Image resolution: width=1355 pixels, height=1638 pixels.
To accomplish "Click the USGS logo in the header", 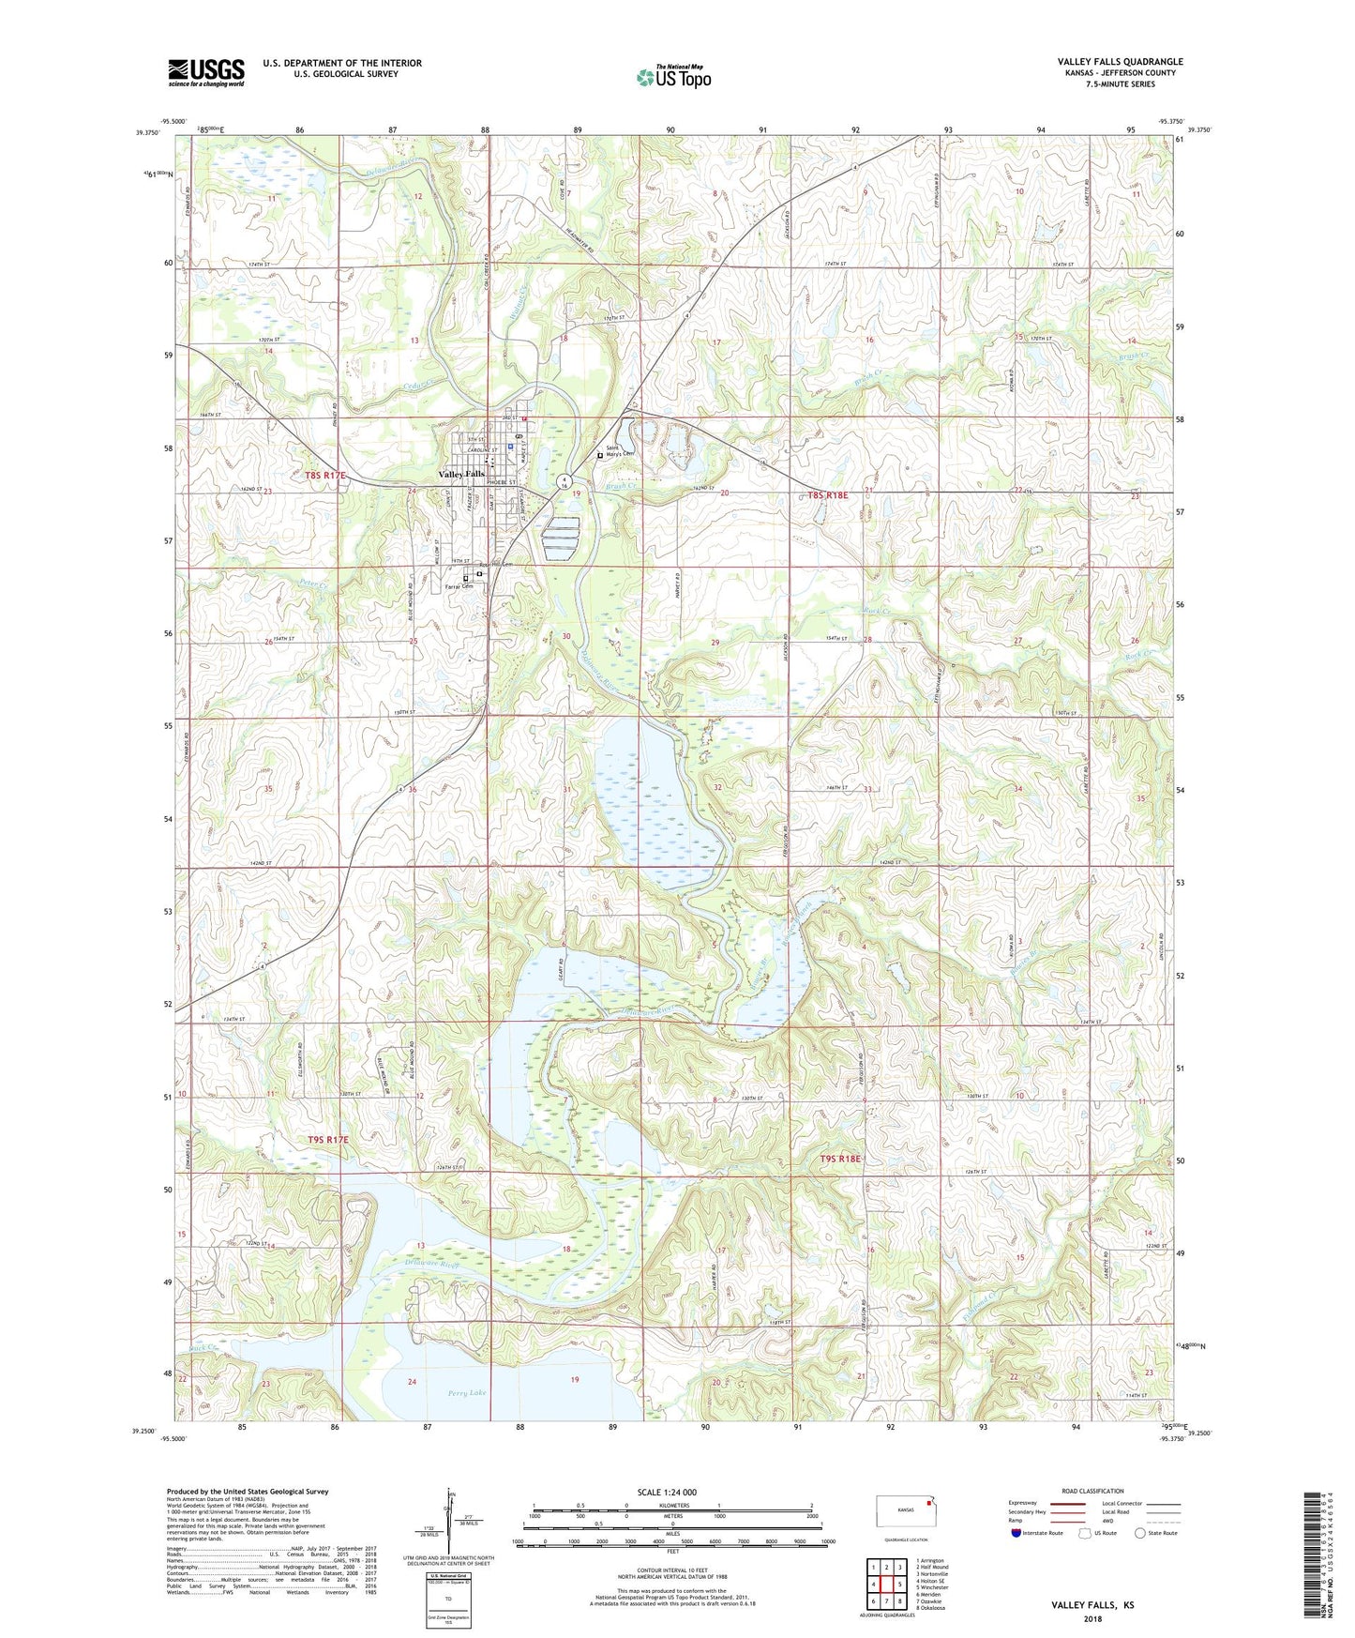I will click(x=206, y=72).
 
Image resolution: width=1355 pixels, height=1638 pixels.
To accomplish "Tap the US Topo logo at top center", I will click(x=673, y=77).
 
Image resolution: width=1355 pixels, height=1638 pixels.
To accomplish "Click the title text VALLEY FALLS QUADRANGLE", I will click(x=1120, y=62).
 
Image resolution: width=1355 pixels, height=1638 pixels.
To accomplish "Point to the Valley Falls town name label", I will click(x=462, y=475).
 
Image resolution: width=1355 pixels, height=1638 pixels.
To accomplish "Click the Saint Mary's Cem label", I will click(x=620, y=451).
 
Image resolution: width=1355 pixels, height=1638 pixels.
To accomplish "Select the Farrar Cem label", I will click(x=459, y=586).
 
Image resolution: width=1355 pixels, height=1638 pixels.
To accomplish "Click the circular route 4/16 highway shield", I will click(x=564, y=482).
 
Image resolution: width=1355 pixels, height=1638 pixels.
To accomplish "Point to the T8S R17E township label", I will click(x=326, y=477).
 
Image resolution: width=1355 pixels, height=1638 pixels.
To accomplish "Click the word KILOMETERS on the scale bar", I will click(x=672, y=1506).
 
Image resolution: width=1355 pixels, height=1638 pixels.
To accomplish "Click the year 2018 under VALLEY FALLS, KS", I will click(x=1092, y=1618).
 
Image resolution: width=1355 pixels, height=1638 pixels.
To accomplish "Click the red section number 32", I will click(x=718, y=787).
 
